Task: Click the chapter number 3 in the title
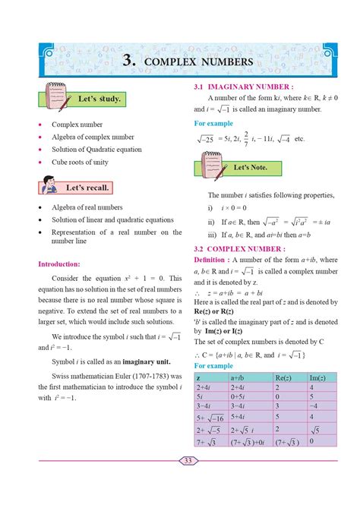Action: point(129,60)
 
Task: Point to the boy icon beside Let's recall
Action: point(49,186)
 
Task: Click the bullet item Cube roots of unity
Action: point(80,162)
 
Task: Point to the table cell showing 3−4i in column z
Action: point(205,406)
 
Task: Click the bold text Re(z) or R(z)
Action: point(222,311)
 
